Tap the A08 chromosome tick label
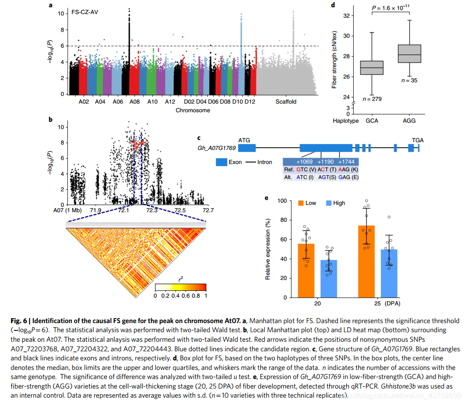(134, 102)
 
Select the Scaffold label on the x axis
(285, 102)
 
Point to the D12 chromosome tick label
(250, 102)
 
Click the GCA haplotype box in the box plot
(372, 68)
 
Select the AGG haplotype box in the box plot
(409, 54)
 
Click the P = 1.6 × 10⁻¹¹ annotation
(390, 8)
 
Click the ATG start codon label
(245, 140)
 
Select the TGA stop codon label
(418, 140)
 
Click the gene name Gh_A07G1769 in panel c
(216, 148)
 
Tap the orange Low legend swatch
(300, 203)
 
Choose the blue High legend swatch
(329, 203)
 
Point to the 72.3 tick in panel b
(151, 210)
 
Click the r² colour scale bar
(180, 288)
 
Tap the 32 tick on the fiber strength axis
(347, 16)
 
